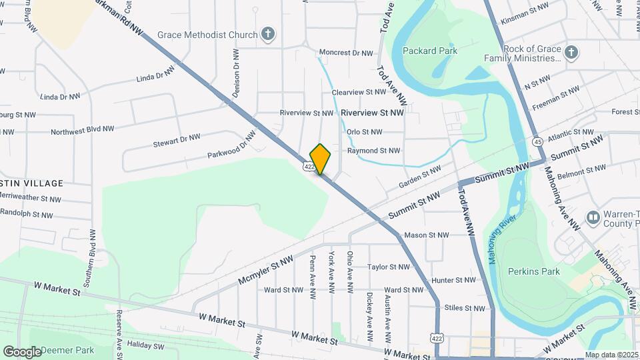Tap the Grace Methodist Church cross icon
268,34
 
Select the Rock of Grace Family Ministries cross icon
571,52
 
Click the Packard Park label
429,51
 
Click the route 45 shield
537,141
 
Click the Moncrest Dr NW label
345,53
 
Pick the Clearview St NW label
359,92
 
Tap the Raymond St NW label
373,151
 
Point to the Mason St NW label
426,235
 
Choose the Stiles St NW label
465,309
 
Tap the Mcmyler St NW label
265,271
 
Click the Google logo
22,351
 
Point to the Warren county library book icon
593,218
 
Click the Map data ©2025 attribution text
611,355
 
